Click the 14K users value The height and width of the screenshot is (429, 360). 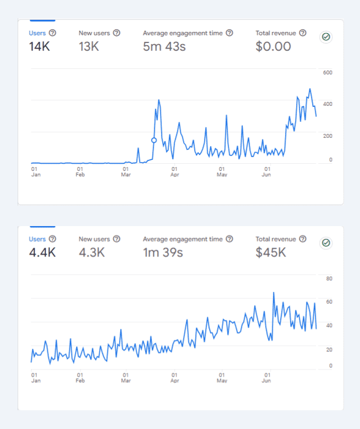(x=40, y=47)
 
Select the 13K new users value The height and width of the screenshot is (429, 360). (x=89, y=47)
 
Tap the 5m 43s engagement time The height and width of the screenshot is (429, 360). (x=164, y=47)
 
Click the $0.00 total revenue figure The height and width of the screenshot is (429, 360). (x=273, y=47)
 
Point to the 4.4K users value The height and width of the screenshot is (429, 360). (x=42, y=253)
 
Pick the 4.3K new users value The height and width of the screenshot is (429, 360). (x=92, y=253)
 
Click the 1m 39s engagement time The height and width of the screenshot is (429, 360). (x=163, y=253)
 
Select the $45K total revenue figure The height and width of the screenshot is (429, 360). (x=271, y=253)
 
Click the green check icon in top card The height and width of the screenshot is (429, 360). (x=326, y=37)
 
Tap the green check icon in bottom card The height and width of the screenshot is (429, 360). (x=326, y=243)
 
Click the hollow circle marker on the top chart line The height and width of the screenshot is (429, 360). (x=154, y=140)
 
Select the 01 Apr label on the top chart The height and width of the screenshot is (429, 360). (x=174, y=172)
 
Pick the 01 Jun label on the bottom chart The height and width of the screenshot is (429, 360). (x=267, y=378)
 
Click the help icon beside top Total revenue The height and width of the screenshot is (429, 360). (x=303, y=33)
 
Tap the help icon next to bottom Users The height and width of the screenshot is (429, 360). (x=52, y=239)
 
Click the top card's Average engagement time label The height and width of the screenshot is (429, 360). (x=183, y=33)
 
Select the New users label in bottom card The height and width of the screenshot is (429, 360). (x=94, y=239)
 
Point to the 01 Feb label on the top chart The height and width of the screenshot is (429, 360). (x=80, y=172)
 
